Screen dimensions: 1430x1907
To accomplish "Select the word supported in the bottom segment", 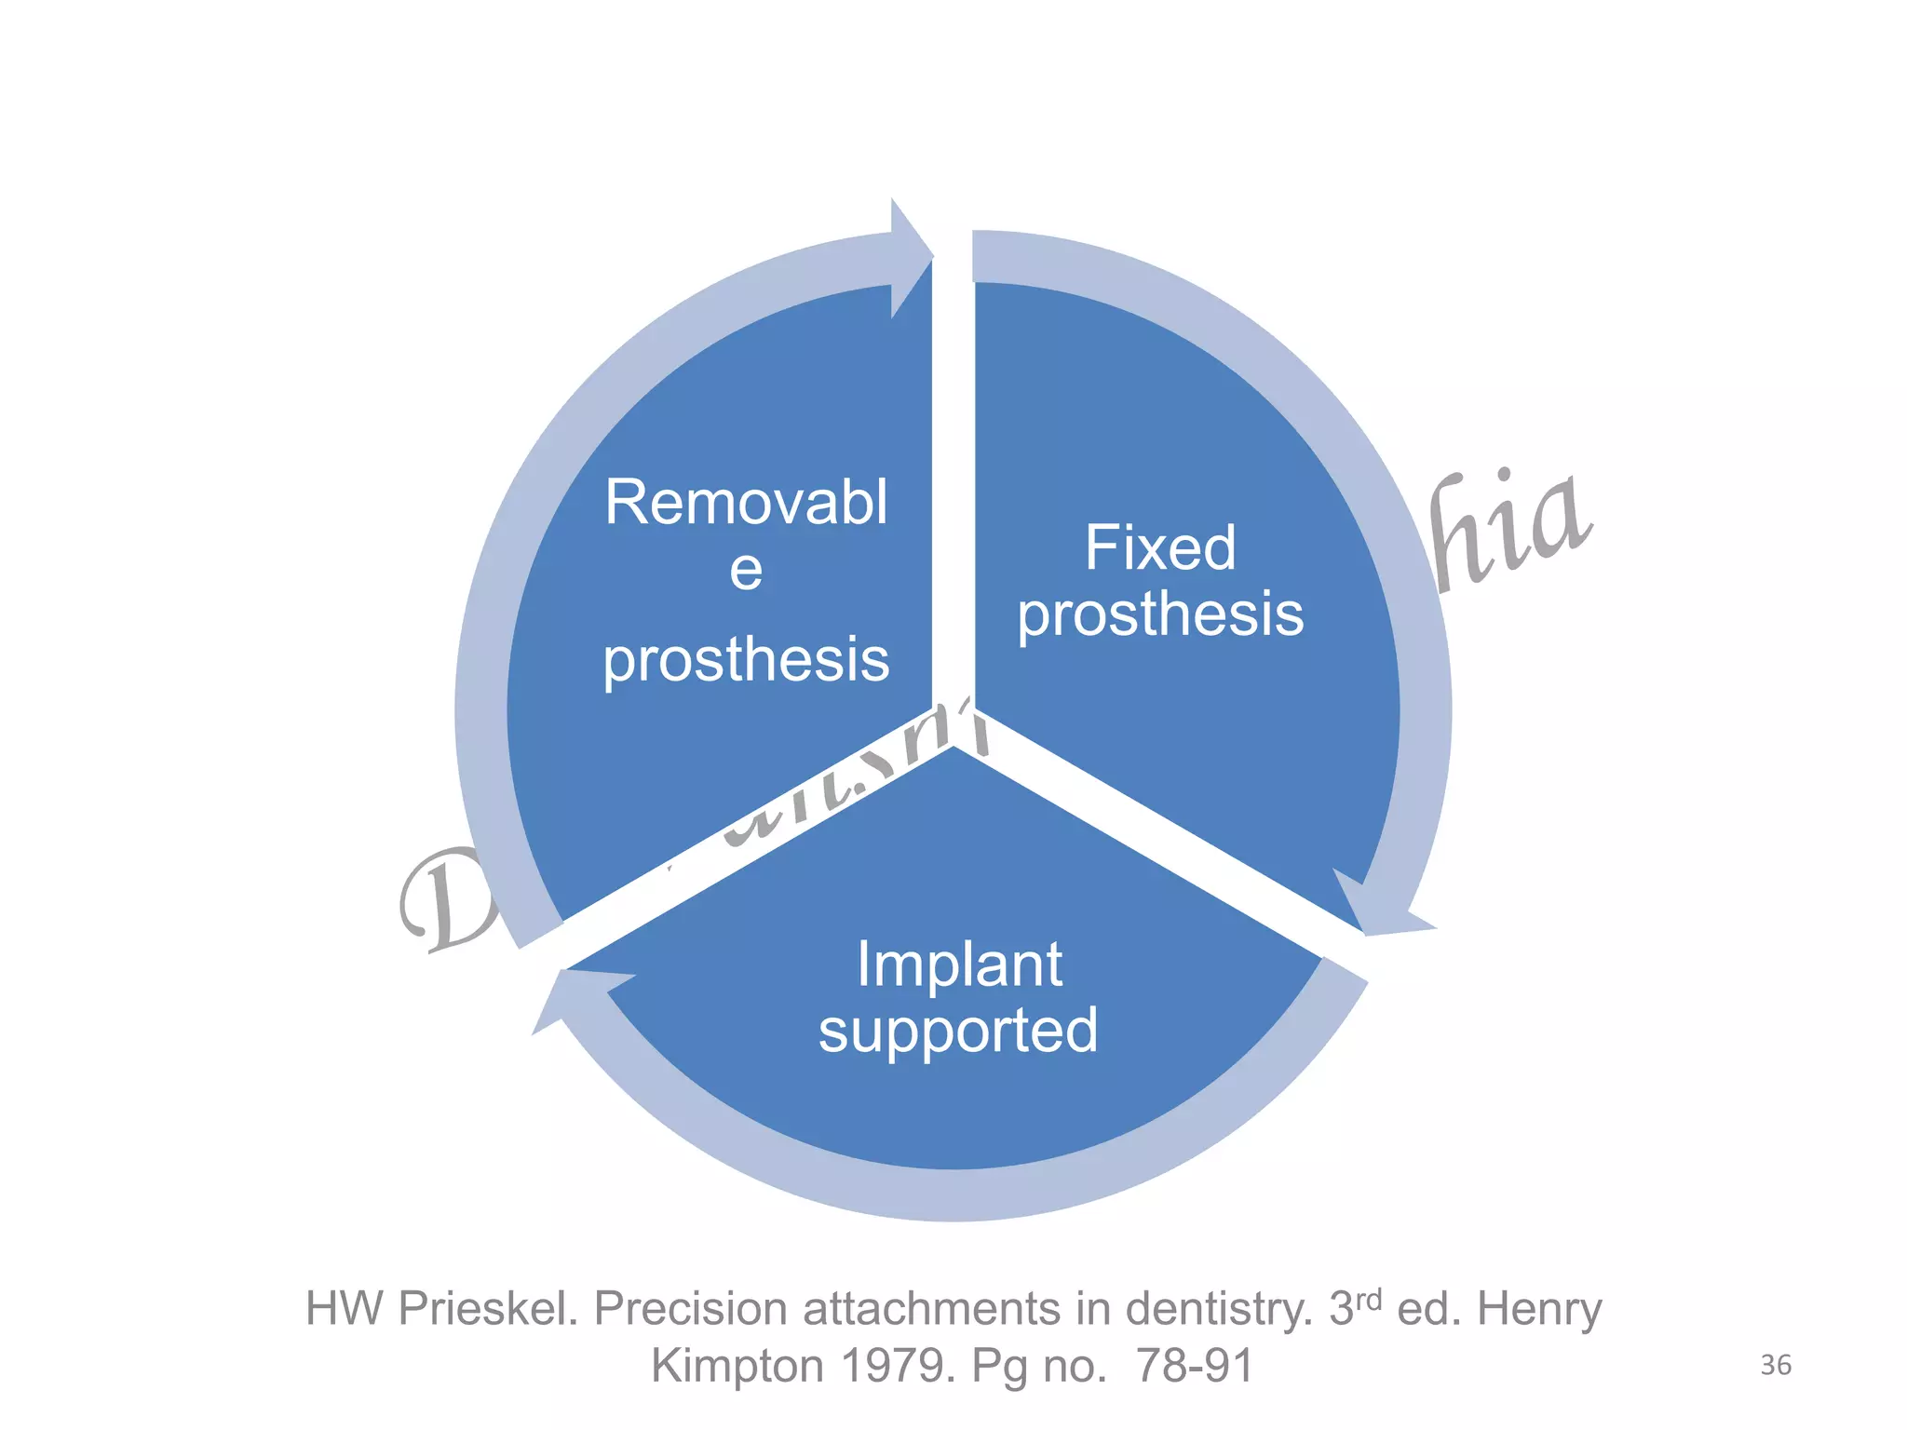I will (x=958, y=1030).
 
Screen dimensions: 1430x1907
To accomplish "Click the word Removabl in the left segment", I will (x=746, y=503).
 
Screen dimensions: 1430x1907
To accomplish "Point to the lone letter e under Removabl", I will (x=746, y=569).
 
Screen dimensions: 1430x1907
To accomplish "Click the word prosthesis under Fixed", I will (x=1160, y=614).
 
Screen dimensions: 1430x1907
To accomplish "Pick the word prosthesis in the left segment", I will (x=746, y=660).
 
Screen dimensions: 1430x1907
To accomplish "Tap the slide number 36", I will (x=1776, y=1365).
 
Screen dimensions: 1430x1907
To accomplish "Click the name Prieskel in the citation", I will (x=488, y=1309).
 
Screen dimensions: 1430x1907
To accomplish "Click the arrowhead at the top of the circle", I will (x=910, y=257).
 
